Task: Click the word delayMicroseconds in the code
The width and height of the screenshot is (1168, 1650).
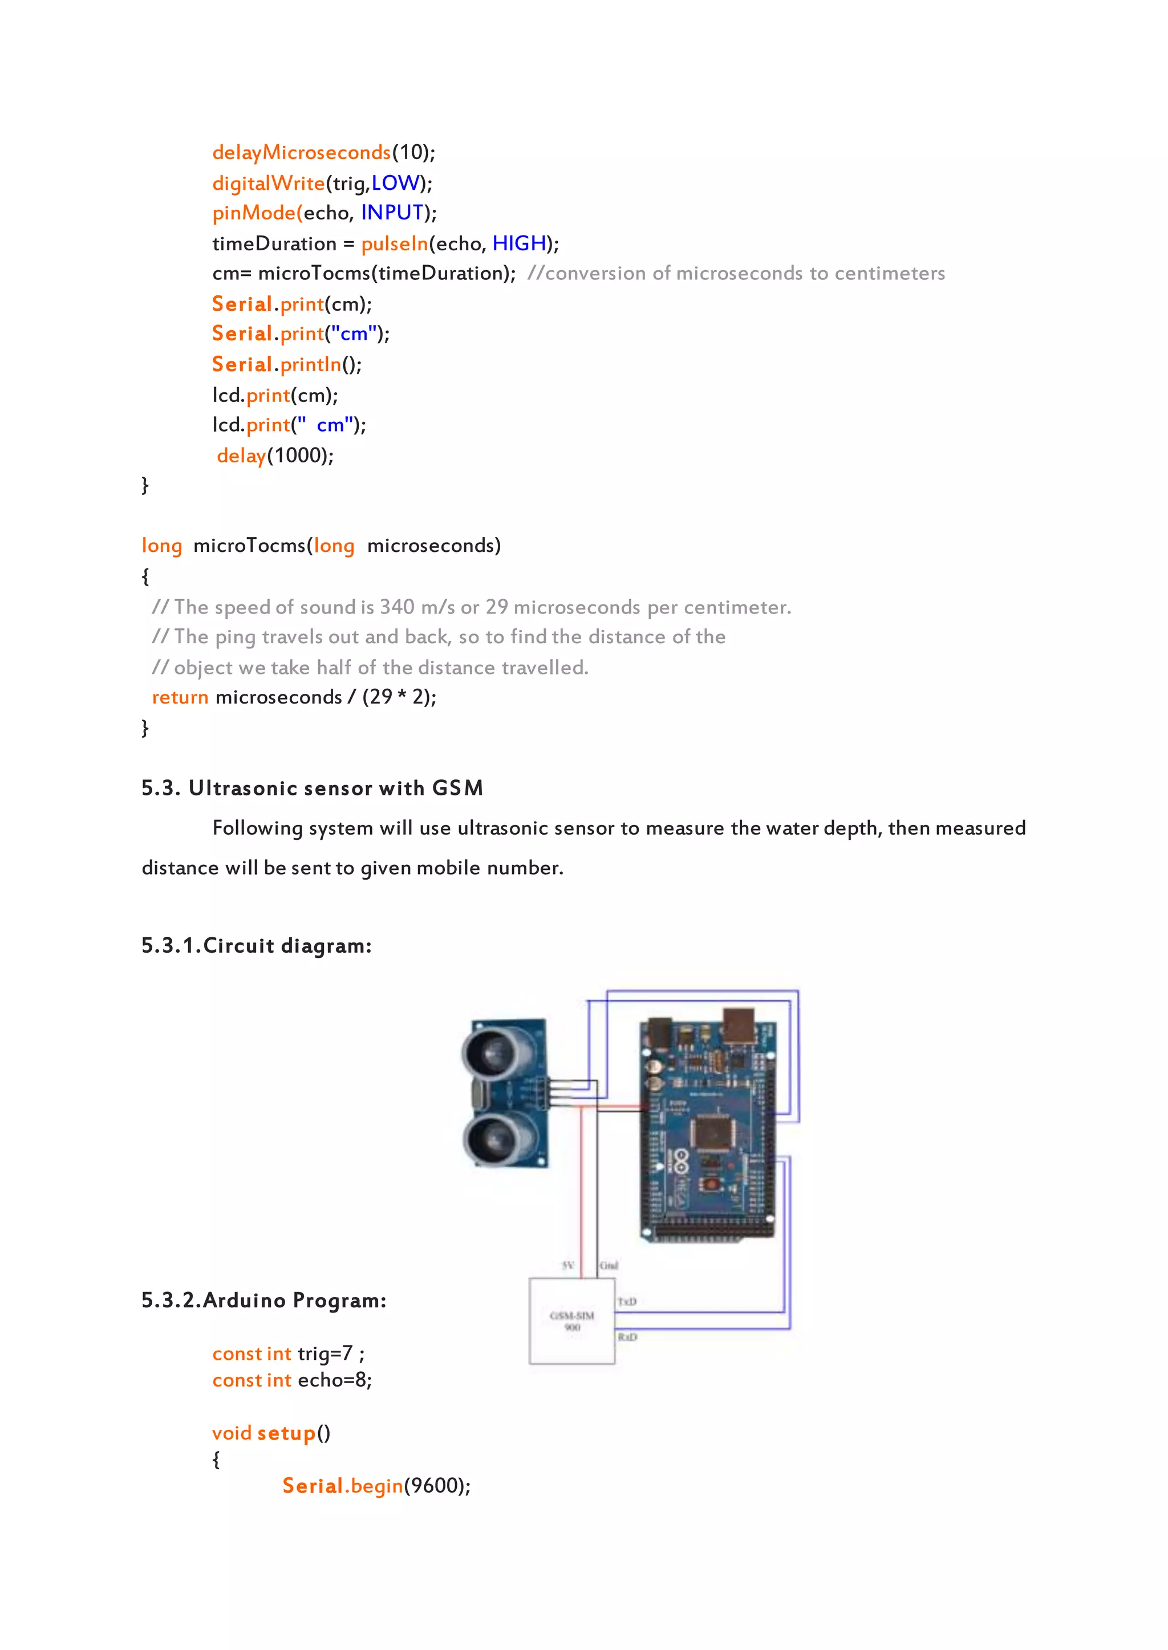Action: [x=301, y=152]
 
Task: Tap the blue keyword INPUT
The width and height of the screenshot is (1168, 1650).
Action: [x=392, y=213]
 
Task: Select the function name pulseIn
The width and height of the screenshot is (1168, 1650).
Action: [x=394, y=243]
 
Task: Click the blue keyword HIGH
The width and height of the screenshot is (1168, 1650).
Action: [x=520, y=243]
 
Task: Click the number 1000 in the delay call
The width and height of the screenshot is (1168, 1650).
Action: [x=300, y=455]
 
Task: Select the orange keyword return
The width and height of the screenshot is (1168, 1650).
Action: [x=180, y=697]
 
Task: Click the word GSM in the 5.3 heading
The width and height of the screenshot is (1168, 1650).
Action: [x=457, y=788]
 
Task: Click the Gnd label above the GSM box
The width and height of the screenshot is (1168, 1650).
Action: [x=609, y=1265]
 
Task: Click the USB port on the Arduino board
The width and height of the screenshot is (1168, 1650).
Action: [x=738, y=1025]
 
